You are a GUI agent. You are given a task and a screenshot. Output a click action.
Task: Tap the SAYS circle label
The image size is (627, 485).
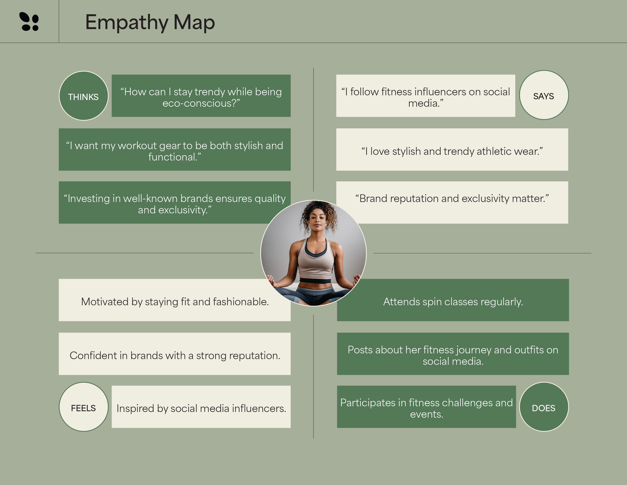tap(544, 95)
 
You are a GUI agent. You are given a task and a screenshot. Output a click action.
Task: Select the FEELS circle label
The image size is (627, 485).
tap(84, 407)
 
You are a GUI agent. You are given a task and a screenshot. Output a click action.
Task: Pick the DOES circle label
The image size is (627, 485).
tap(544, 407)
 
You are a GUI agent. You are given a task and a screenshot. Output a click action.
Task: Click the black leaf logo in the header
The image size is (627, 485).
tap(29, 21)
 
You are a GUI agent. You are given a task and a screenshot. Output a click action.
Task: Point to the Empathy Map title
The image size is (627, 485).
tap(150, 22)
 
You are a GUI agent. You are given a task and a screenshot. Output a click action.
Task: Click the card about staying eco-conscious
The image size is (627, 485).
tap(201, 96)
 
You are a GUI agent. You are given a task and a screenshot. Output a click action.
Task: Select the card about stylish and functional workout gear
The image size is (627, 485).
tap(175, 149)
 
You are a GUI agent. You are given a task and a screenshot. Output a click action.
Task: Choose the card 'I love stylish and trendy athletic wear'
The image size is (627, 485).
tap(452, 149)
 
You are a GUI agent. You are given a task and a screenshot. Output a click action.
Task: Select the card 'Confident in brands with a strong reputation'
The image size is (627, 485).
tap(175, 354)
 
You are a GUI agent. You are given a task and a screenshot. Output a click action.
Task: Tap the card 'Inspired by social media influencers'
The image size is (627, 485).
tap(201, 407)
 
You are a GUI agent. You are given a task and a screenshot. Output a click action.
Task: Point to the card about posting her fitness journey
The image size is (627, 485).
tap(453, 354)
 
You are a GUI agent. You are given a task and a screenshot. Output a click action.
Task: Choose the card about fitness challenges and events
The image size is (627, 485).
tap(426, 407)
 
